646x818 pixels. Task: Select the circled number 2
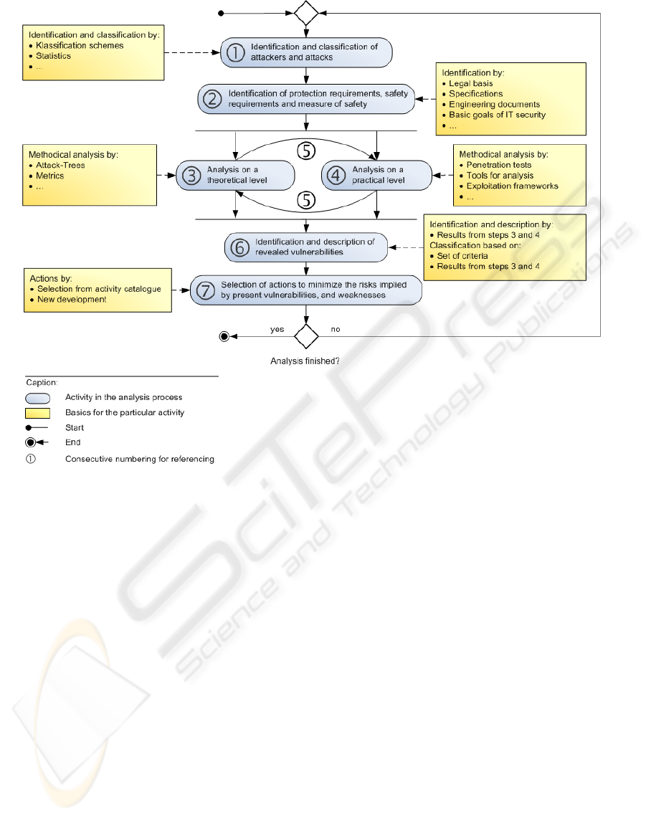pos(212,99)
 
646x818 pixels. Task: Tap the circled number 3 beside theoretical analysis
pos(190,175)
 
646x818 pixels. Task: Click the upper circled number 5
pos(307,151)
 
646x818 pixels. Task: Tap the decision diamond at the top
pos(307,13)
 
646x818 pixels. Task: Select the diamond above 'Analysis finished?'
pos(307,335)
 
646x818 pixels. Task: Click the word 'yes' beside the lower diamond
pos(277,330)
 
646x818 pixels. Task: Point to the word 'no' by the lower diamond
pos(335,330)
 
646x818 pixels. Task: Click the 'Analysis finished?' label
pos(305,361)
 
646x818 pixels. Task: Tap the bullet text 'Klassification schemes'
pos(80,45)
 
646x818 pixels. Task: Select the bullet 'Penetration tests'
pos(498,165)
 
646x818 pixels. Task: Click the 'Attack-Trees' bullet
pos(60,165)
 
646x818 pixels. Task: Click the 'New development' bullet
pos(72,299)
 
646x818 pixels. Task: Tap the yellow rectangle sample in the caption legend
pos(38,412)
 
